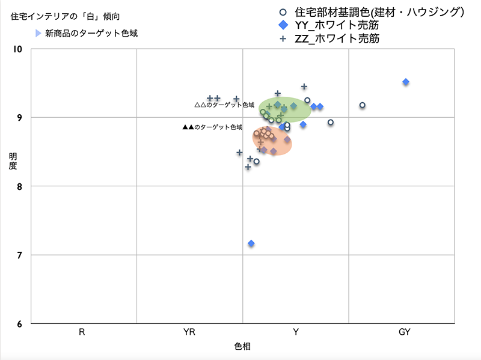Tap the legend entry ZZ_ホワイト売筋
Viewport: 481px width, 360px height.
tap(337, 38)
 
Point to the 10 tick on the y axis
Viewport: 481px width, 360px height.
tap(17, 49)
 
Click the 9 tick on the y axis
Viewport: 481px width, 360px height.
tap(19, 118)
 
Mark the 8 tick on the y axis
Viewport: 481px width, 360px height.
tap(19, 186)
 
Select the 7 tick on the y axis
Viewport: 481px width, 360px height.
tap(19, 255)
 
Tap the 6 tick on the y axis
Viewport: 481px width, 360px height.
tap(19, 325)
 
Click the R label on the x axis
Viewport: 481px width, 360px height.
tap(81, 332)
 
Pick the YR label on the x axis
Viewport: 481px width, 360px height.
tap(189, 332)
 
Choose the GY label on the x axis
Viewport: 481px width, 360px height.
tap(404, 332)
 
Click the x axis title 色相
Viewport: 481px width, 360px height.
tap(242, 347)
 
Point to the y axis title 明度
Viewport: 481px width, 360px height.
tap(13, 161)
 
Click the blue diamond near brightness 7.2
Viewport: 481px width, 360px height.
tap(251, 243)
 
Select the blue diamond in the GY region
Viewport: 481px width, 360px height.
tap(406, 82)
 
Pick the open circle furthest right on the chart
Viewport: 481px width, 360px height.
tap(363, 105)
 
